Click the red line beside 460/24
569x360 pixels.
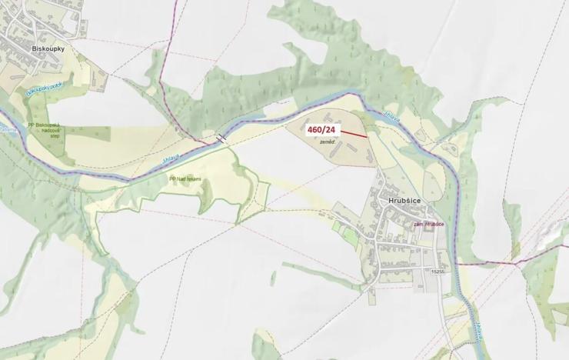click(354, 134)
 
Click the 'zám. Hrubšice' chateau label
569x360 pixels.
click(429, 224)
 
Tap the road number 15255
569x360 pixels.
click(438, 271)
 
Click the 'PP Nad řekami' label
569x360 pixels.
click(185, 178)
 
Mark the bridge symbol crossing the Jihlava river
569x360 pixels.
click(221, 138)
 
